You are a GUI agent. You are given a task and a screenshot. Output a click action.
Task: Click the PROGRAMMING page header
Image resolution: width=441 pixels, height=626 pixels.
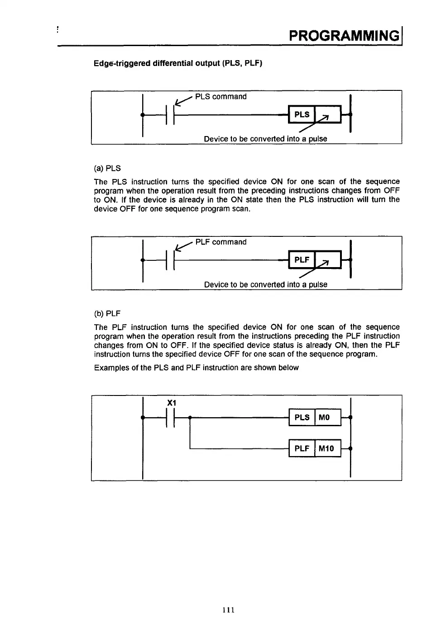344,35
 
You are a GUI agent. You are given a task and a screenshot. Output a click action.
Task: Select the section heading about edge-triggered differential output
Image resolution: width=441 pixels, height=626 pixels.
178,63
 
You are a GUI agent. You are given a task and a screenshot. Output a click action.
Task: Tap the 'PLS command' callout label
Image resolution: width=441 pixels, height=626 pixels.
220,97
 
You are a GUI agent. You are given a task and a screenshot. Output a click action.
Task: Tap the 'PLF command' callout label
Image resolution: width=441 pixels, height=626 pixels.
220,242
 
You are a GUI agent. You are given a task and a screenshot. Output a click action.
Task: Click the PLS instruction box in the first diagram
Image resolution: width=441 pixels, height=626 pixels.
302,114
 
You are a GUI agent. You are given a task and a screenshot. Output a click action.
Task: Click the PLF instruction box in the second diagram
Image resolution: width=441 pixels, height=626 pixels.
302,260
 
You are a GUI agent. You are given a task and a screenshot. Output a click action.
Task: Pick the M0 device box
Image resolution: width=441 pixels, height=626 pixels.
327,417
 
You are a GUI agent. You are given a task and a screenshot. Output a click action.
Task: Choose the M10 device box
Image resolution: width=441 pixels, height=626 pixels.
327,448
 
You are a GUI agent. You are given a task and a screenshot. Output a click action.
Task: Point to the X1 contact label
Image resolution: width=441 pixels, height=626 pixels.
172,403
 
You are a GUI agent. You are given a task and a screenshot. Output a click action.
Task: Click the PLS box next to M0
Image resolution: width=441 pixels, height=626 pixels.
302,417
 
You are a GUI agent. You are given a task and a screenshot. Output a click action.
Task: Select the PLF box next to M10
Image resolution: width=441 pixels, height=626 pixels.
302,448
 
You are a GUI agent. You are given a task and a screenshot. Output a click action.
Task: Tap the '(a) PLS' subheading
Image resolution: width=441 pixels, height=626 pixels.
107,168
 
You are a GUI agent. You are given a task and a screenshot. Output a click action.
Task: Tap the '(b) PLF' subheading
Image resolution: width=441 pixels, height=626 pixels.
107,314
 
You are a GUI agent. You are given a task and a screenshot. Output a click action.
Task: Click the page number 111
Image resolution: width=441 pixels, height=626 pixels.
229,610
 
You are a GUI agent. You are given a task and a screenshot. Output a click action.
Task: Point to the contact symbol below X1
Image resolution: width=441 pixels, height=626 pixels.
170,418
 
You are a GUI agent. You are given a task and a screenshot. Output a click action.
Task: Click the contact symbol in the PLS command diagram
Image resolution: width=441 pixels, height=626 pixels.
170,115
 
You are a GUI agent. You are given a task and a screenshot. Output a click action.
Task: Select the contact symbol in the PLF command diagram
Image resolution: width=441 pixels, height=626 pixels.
170,260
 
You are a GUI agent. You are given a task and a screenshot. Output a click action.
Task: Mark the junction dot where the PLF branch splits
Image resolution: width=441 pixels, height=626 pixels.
190,418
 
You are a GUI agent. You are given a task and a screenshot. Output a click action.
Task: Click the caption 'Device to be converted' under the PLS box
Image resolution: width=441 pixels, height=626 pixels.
265,139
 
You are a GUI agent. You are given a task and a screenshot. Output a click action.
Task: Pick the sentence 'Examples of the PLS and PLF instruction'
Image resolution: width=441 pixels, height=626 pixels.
196,367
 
